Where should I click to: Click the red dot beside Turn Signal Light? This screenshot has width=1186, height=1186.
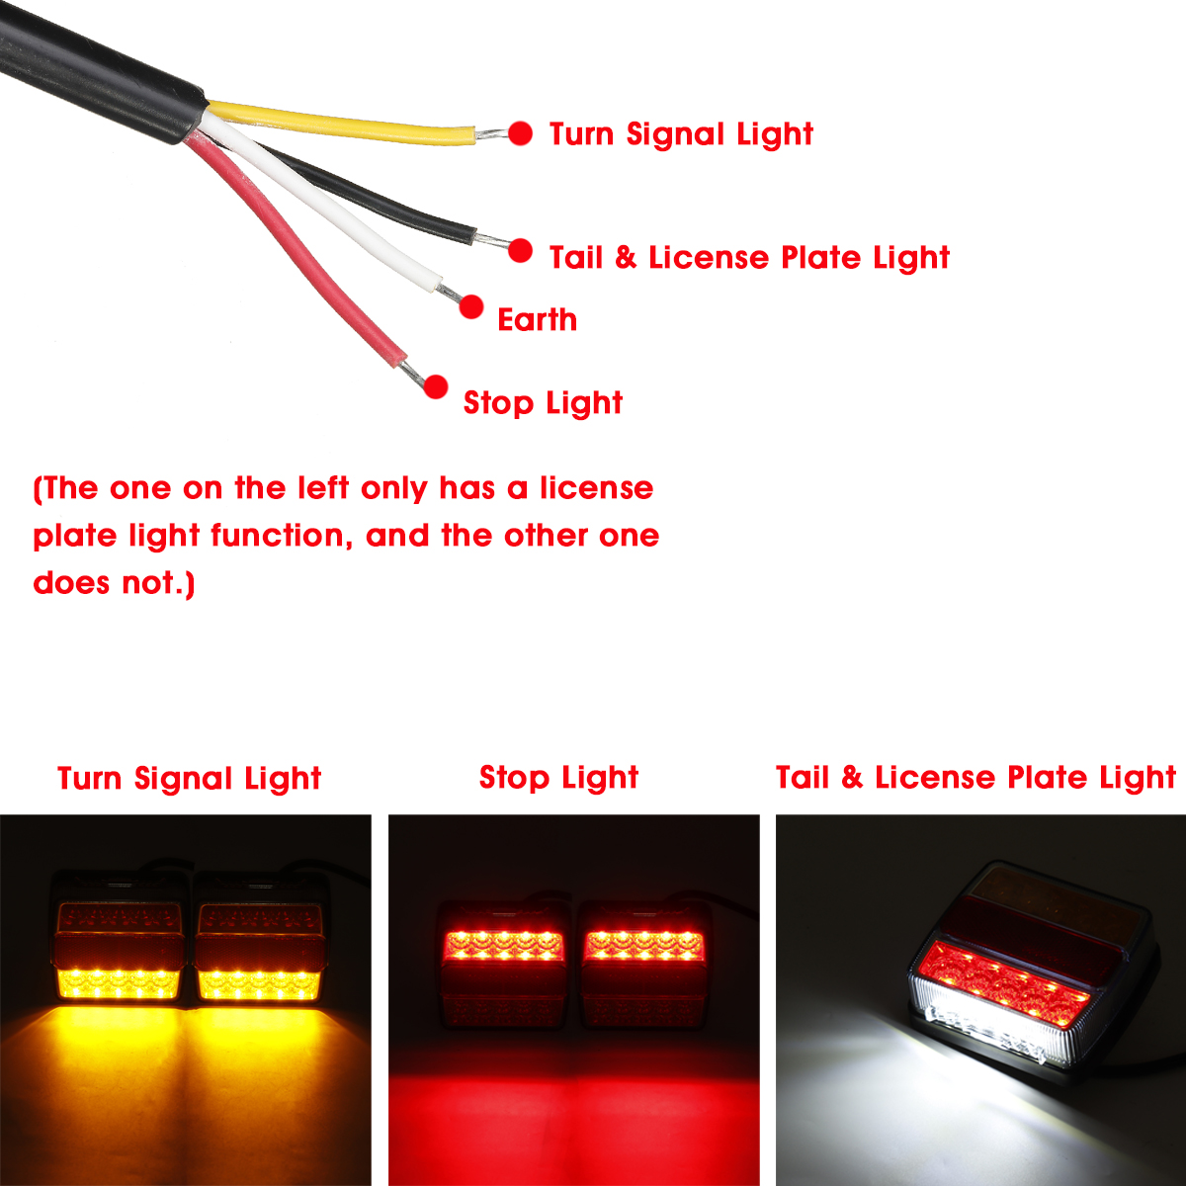(x=521, y=133)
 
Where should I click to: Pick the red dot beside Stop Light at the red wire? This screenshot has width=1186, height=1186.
(x=436, y=386)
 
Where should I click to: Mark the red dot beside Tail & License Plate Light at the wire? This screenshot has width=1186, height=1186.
(x=521, y=251)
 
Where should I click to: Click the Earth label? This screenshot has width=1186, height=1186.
(x=537, y=319)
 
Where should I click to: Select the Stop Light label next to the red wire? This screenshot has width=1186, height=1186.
(x=543, y=402)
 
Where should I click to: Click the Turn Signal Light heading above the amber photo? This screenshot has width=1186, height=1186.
(x=189, y=778)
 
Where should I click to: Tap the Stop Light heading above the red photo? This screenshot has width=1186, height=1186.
(x=558, y=777)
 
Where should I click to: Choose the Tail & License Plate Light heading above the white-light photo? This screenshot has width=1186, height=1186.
(x=975, y=777)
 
